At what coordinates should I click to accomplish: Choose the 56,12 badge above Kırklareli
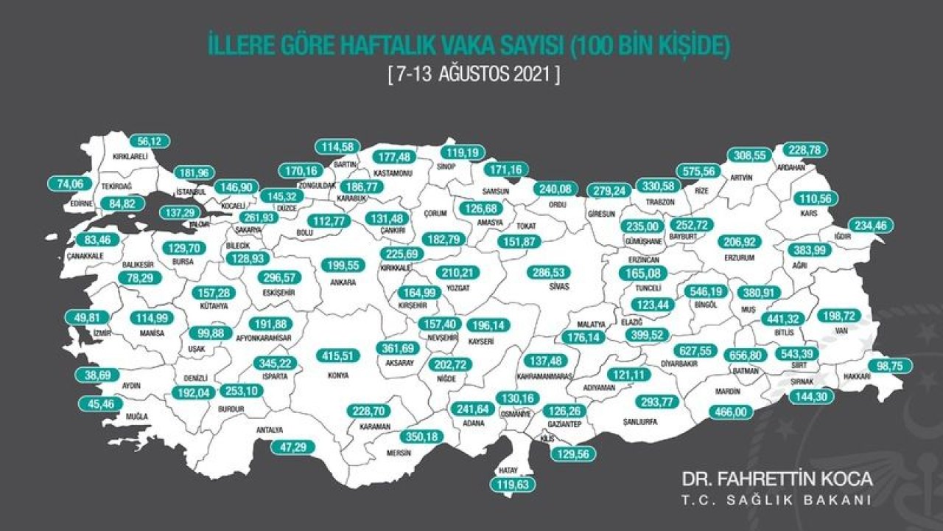click(149, 140)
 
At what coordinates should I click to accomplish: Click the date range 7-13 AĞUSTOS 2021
click(472, 74)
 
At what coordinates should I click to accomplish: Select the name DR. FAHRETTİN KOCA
click(776, 479)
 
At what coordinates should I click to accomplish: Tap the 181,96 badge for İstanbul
click(195, 173)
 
